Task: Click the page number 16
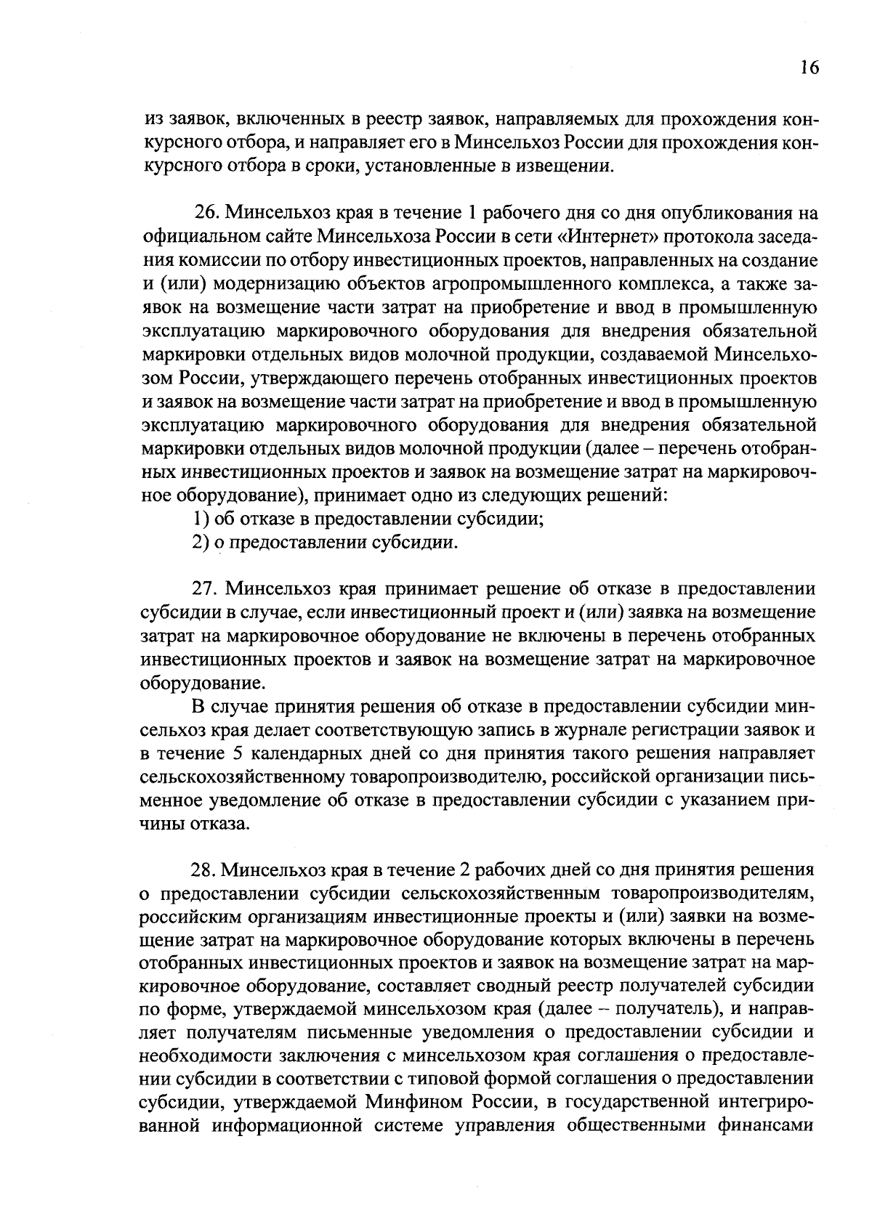coord(809,68)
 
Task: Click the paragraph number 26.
coord(207,214)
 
